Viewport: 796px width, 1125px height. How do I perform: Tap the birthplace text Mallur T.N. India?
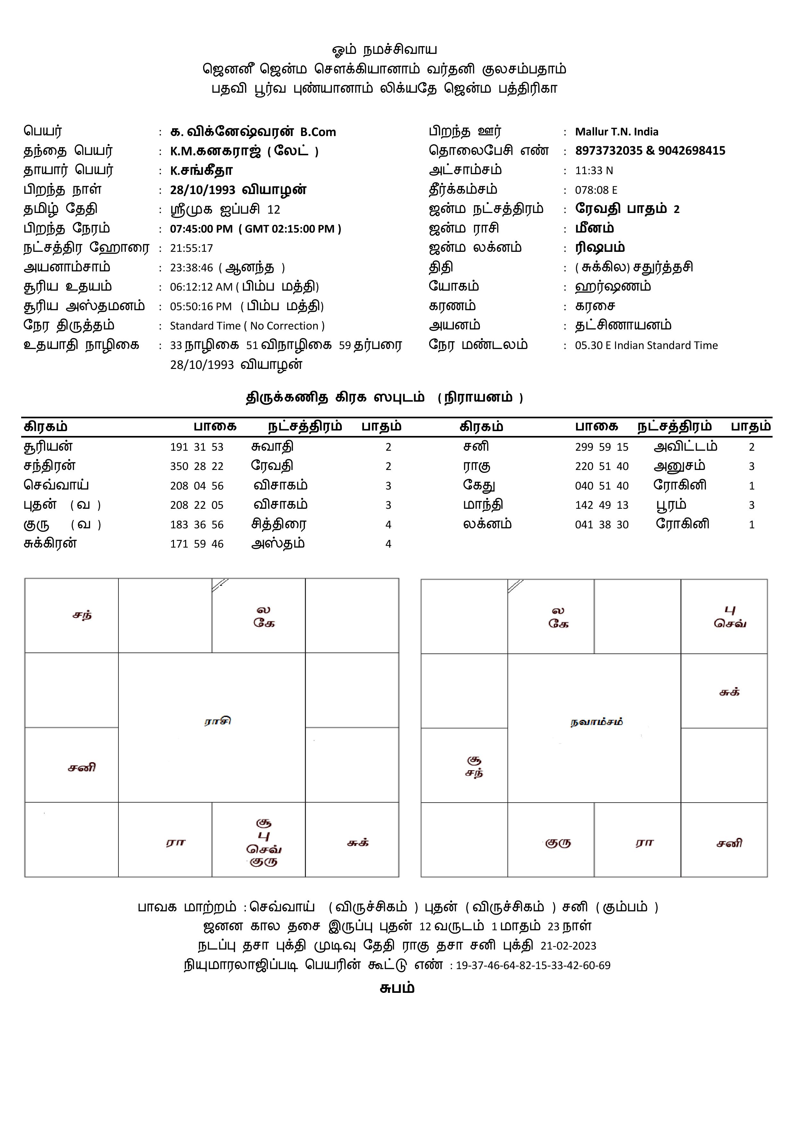tap(617, 132)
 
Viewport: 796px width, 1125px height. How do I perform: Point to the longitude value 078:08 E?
tap(596, 190)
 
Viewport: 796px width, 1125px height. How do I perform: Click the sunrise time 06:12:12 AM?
tap(201, 287)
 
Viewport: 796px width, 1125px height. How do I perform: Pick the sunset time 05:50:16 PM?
tap(201, 307)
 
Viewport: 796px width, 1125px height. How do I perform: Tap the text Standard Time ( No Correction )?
tap(247, 326)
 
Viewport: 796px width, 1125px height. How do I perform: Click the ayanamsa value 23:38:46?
tap(191, 268)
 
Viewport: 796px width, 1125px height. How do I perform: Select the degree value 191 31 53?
tap(196, 447)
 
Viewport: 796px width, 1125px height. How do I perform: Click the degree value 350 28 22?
tap(196, 466)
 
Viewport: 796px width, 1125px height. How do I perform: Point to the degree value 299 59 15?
tap(601, 447)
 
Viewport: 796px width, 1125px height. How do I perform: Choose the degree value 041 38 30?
tap(601, 525)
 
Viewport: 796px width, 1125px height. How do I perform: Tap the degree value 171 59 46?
tap(196, 544)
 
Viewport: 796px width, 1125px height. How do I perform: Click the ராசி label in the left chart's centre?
tap(217, 721)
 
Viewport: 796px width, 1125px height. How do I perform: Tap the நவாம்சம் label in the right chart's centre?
tap(596, 722)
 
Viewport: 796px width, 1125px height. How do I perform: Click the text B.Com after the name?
tap(318, 132)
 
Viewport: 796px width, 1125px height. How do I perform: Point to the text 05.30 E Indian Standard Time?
tap(646, 345)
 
